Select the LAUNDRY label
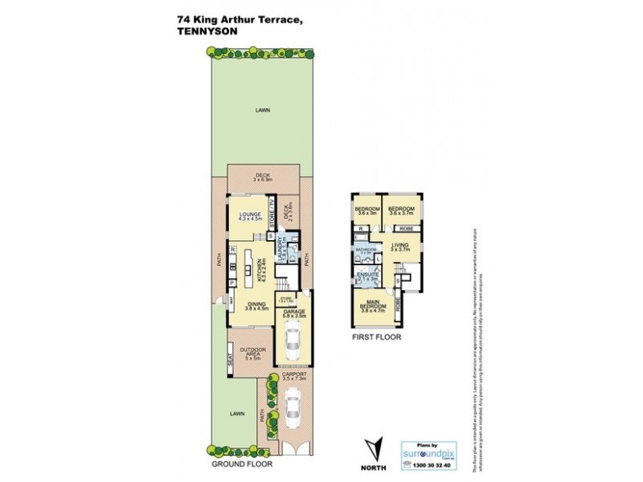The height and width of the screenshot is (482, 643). coord(280,251)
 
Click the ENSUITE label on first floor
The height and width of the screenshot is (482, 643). coord(367,276)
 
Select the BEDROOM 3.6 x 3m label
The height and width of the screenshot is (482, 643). coord(367,210)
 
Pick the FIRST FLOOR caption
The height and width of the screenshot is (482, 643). coord(375,338)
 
